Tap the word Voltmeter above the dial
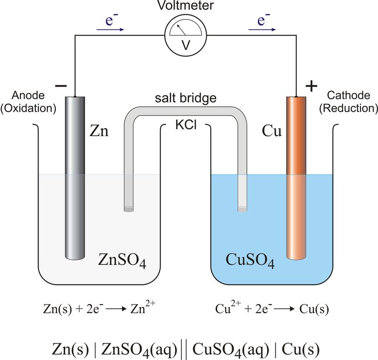tap(186, 7)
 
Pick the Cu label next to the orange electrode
tap(272, 131)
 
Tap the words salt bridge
tap(186, 98)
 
